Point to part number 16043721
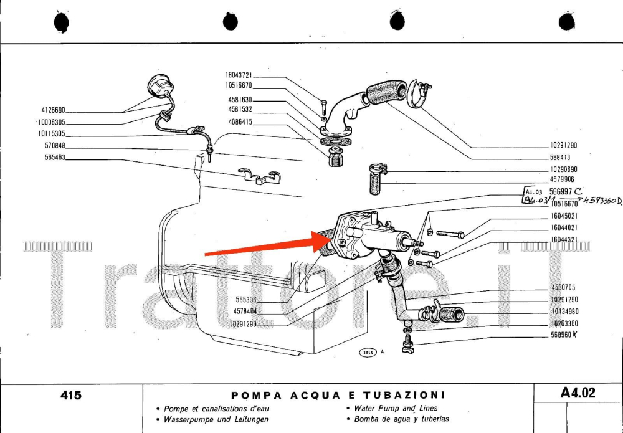coord(239,75)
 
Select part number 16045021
coord(564,216)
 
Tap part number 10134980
coord(564,312)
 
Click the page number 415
coord(71,394)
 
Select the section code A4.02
coord(578,393)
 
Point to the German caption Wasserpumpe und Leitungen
coord(216,419)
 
